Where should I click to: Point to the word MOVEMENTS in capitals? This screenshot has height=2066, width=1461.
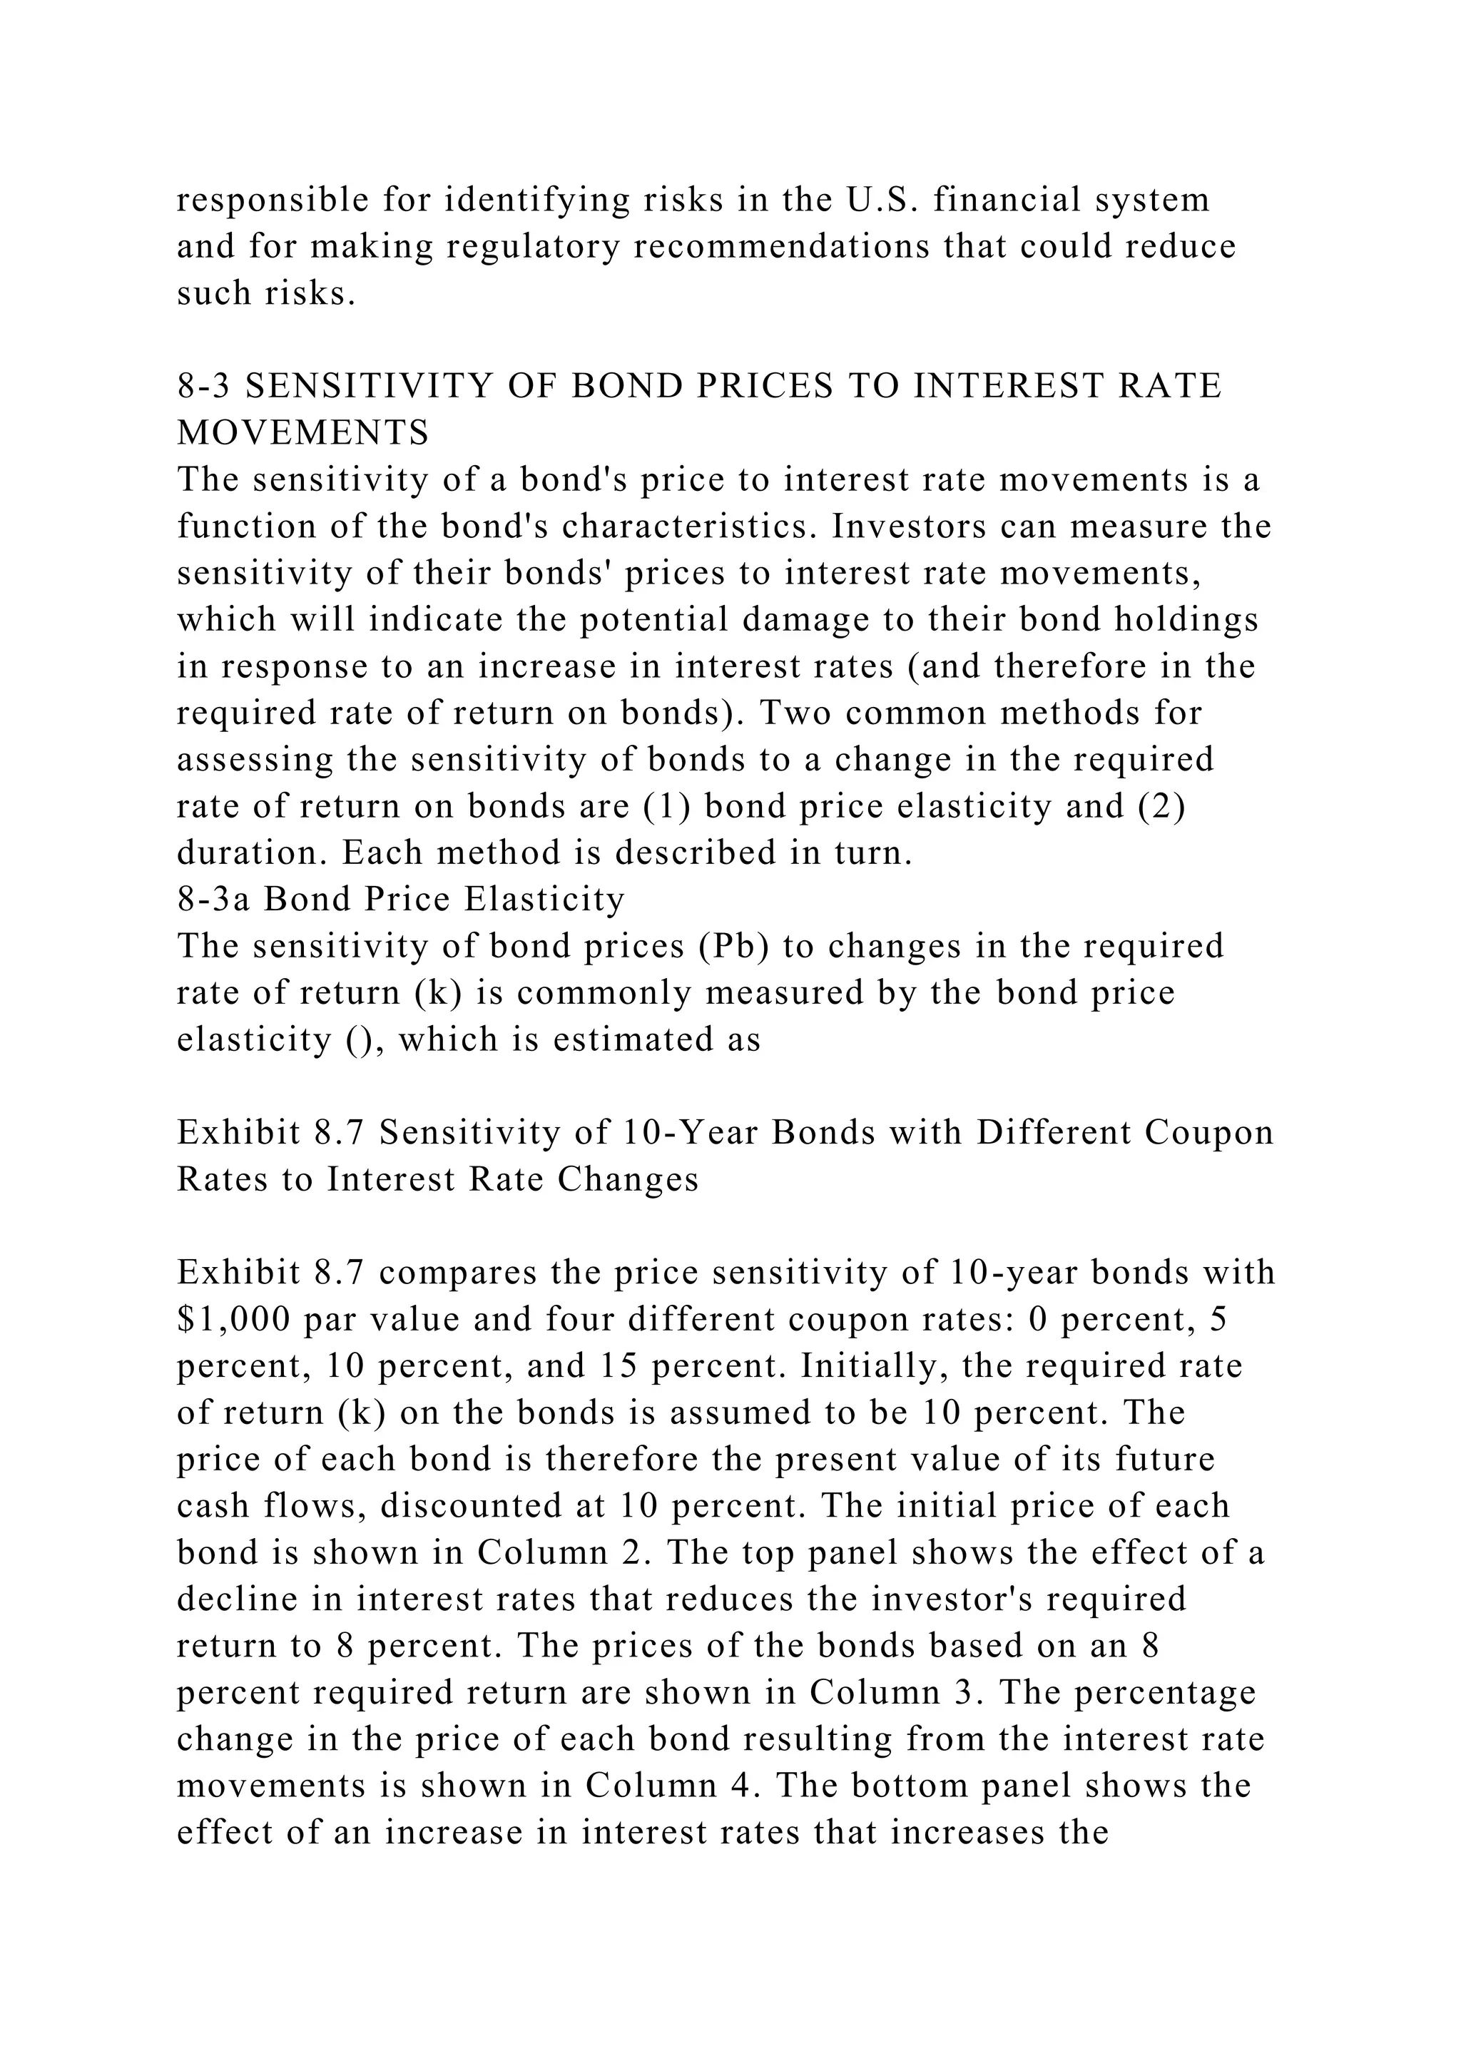(x=303, y=433)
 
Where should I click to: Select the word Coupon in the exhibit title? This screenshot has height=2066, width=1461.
(x=1209, y=1133)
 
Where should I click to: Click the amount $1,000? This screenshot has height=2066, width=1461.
(x=234, y=1320)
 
